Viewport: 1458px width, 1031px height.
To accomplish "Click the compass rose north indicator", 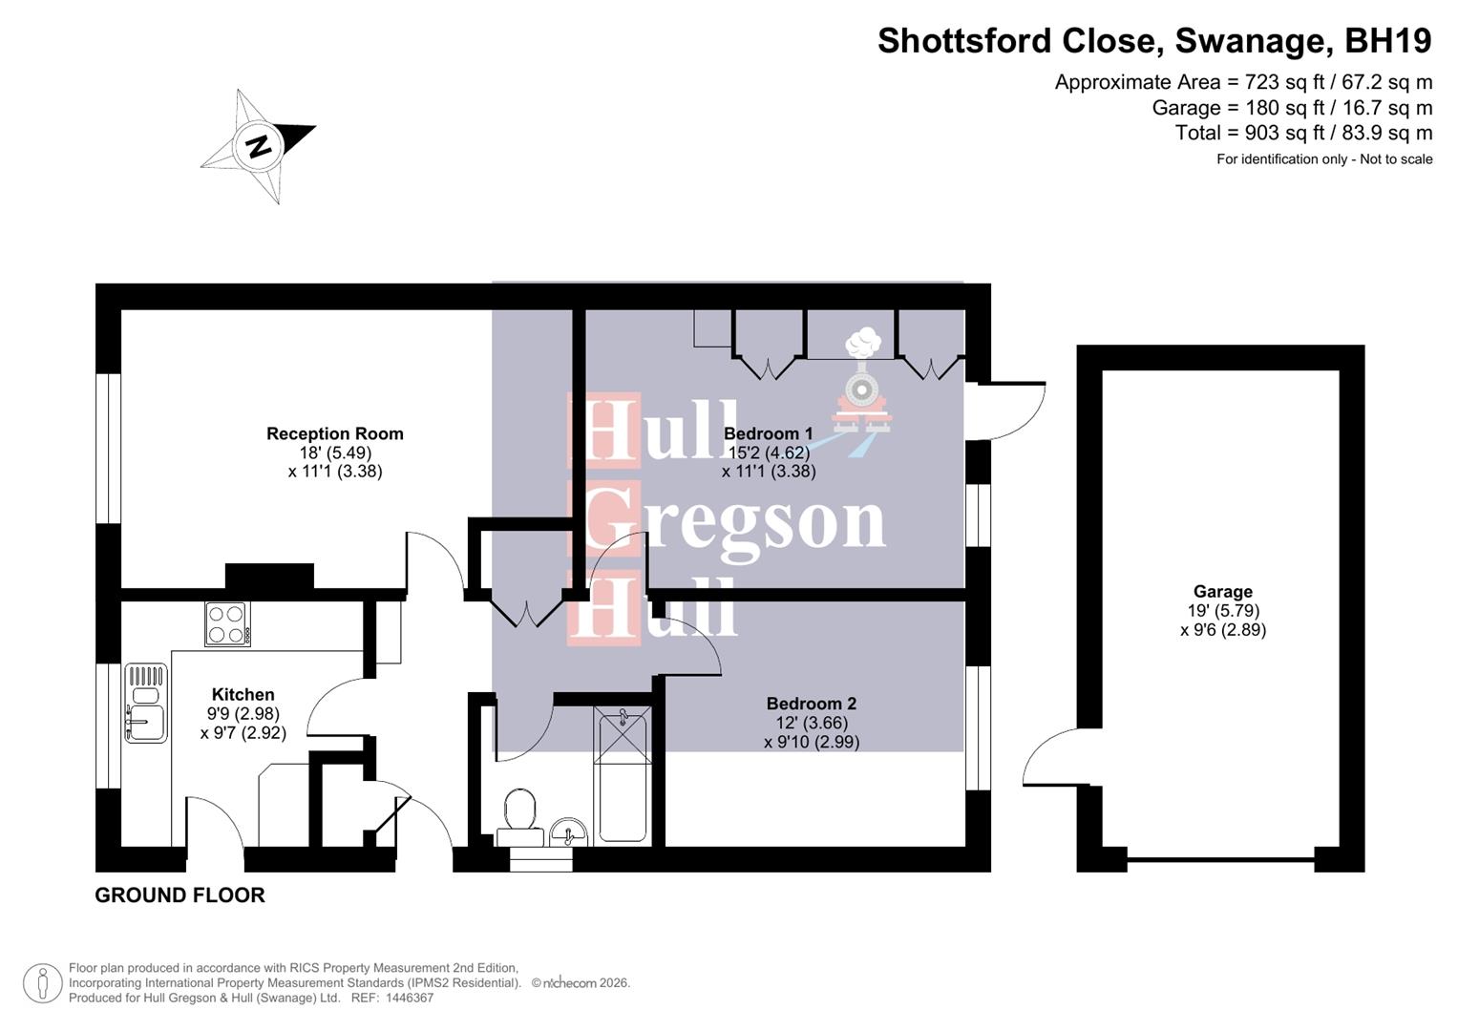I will pyautogui.click(x=258, y=146).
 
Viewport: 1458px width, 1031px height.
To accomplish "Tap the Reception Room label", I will pyautogui.click(x=334, y=433).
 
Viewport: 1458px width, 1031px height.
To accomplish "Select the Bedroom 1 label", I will pyautogui.click(x=769, y=433).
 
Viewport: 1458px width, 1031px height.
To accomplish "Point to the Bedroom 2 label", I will pyautogui.click(x=811, y=704).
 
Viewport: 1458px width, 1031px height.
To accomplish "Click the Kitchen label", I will pyautogui.click(x=243, y=694).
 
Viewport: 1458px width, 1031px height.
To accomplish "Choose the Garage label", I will pyautogui.click(x=1222, y=591).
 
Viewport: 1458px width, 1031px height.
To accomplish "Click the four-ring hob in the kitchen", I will pyautogui.click(x=227, y=623).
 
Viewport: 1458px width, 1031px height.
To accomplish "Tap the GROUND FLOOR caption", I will pyautogui.click(x=180, y=894).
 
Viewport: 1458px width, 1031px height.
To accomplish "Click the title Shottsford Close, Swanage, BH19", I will pyautogui.click(x=1154, y=41).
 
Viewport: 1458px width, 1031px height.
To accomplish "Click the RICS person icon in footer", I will pyautogui.click(x=43, y=983).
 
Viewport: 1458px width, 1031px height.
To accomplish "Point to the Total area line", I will pyautogui.click(x=1303, y=133).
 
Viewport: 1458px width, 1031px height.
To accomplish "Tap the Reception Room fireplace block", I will pyautogui.click(x=269, y=576).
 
